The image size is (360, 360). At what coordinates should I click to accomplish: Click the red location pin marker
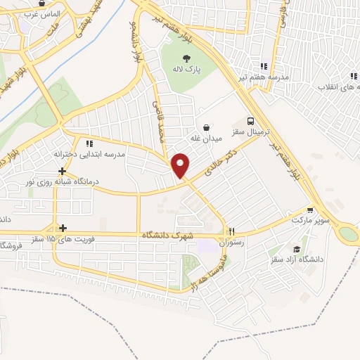pyautogui.click(x=181, y=164)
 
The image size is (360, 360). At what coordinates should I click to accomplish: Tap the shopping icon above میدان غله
pyautogui.click(x=206, y=127)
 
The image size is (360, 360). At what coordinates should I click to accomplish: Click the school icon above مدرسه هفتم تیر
pyautogui.click(x=264, y=65)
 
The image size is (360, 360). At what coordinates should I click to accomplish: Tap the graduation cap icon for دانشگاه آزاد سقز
pyautogui.click(x=297, y=249)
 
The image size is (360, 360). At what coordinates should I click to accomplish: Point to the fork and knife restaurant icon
pyautogui.click(x=231, y=231)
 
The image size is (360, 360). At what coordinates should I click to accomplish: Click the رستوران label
pyautogui.click(x=231, y=243)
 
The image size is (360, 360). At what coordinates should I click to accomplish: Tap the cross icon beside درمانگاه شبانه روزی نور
pyautogui.click(x=63, y=171)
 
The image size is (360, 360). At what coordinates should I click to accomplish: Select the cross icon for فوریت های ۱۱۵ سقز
pyautogui.click(x=63, y=227)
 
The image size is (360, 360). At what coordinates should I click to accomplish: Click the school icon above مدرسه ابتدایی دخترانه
pyautogui.click(x=89, y=143)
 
